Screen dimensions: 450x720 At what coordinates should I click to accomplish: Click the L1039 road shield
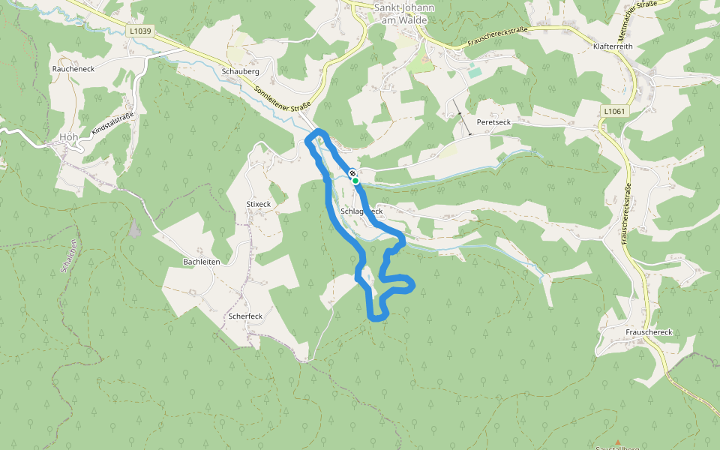coord(140,31)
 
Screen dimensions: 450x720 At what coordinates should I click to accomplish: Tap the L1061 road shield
coord(613,111)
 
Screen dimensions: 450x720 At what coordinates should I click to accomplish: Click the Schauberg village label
coord(240,71)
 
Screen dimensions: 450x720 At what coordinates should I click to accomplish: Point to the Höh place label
coord(67,137)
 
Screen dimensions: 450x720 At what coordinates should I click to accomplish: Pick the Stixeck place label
coord(258,204)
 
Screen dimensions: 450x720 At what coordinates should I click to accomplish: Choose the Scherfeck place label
coord(245,316)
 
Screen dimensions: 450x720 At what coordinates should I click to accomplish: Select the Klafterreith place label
coord(613,46)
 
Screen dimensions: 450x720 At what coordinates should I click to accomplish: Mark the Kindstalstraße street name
coord(112,124)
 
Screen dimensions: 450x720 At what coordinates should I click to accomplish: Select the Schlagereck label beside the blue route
coord(361,212)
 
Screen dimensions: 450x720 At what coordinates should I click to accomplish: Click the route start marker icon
coord(352,175)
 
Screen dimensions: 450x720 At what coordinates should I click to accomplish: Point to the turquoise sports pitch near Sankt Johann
coord(475,72)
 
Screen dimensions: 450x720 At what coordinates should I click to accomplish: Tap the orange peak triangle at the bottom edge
coord(617,442)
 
